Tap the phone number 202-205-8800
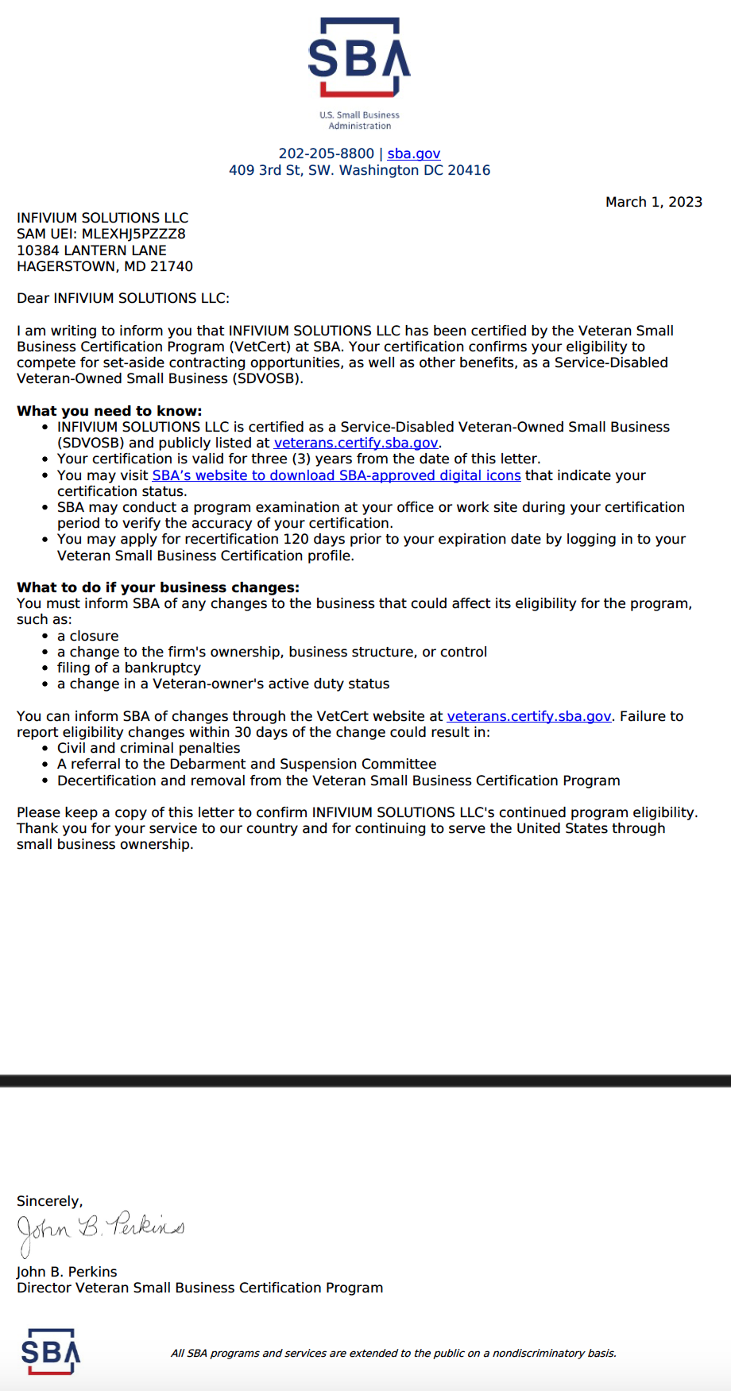[326, 153]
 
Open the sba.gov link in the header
[413, 153]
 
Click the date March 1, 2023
[653, 202]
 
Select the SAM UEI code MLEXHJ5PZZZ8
[133, 234]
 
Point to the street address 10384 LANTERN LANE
[91, 250]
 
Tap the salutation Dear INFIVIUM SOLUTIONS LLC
[122, 298]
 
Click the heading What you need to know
[110, 411]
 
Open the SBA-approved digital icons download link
[336, 475]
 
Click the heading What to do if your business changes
[158, 587]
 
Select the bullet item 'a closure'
[87, 636]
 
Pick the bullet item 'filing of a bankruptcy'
[129, 668]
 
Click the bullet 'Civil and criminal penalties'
[149, 748]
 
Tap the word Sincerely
[49, 1201]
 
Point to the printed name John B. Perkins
[67, 1272]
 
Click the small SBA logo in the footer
[51, 1351]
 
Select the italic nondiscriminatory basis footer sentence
[393, 1353]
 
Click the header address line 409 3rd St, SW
[359, 170]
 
